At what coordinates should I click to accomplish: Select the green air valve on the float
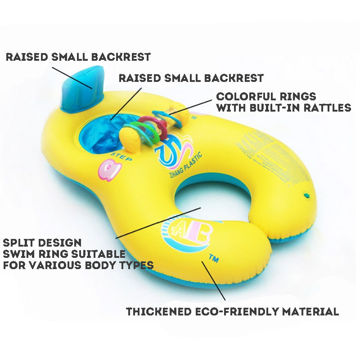306,195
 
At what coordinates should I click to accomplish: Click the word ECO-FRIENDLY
243,311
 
